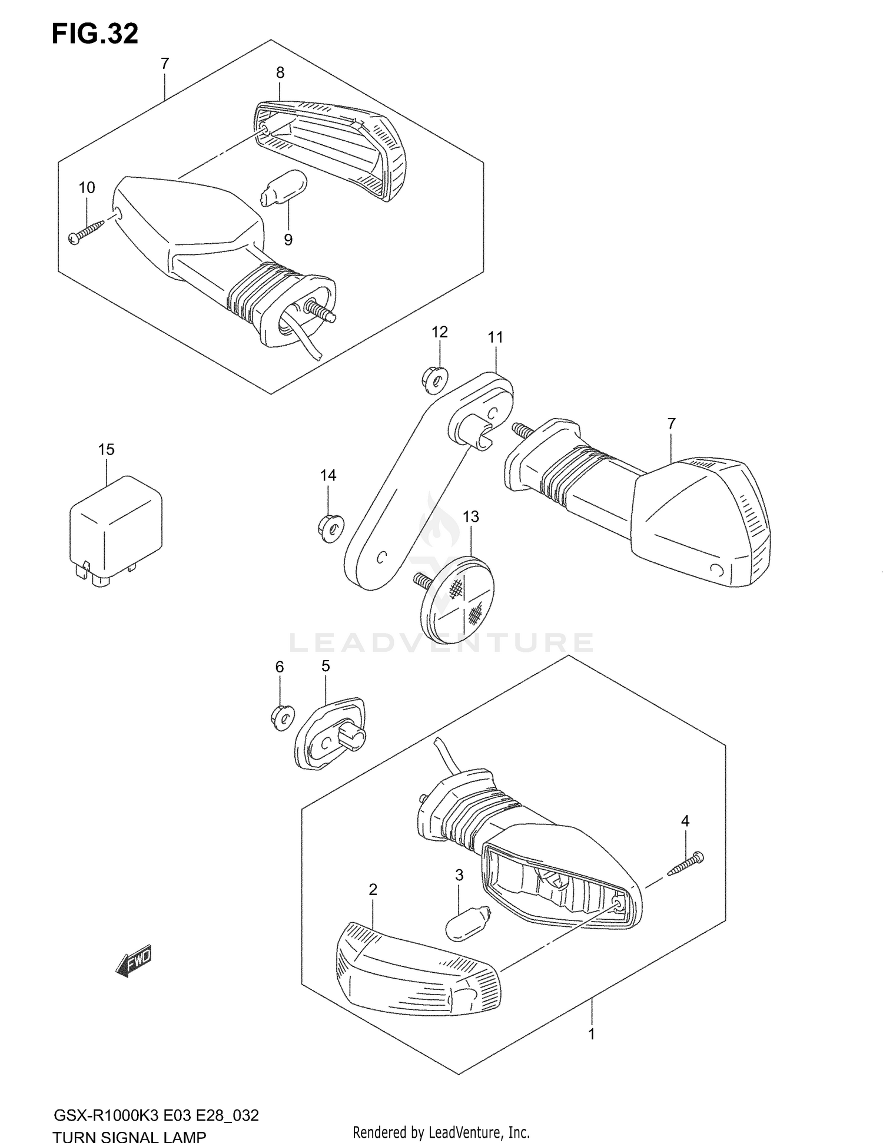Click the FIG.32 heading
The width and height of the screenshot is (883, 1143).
pyautogui.click(x=95, y=34)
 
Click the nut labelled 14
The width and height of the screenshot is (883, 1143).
pyautogui.click(x=330, y=525)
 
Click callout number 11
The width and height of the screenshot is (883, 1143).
pyautogui.click(x=495, y=337)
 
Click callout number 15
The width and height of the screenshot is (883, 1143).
pyautogui.click(x=106, y=450)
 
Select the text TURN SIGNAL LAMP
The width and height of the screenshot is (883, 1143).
pyautogui.click(x=130, y=1135)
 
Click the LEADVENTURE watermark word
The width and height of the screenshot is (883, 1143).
pyautogui.click(x=441, y=643)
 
